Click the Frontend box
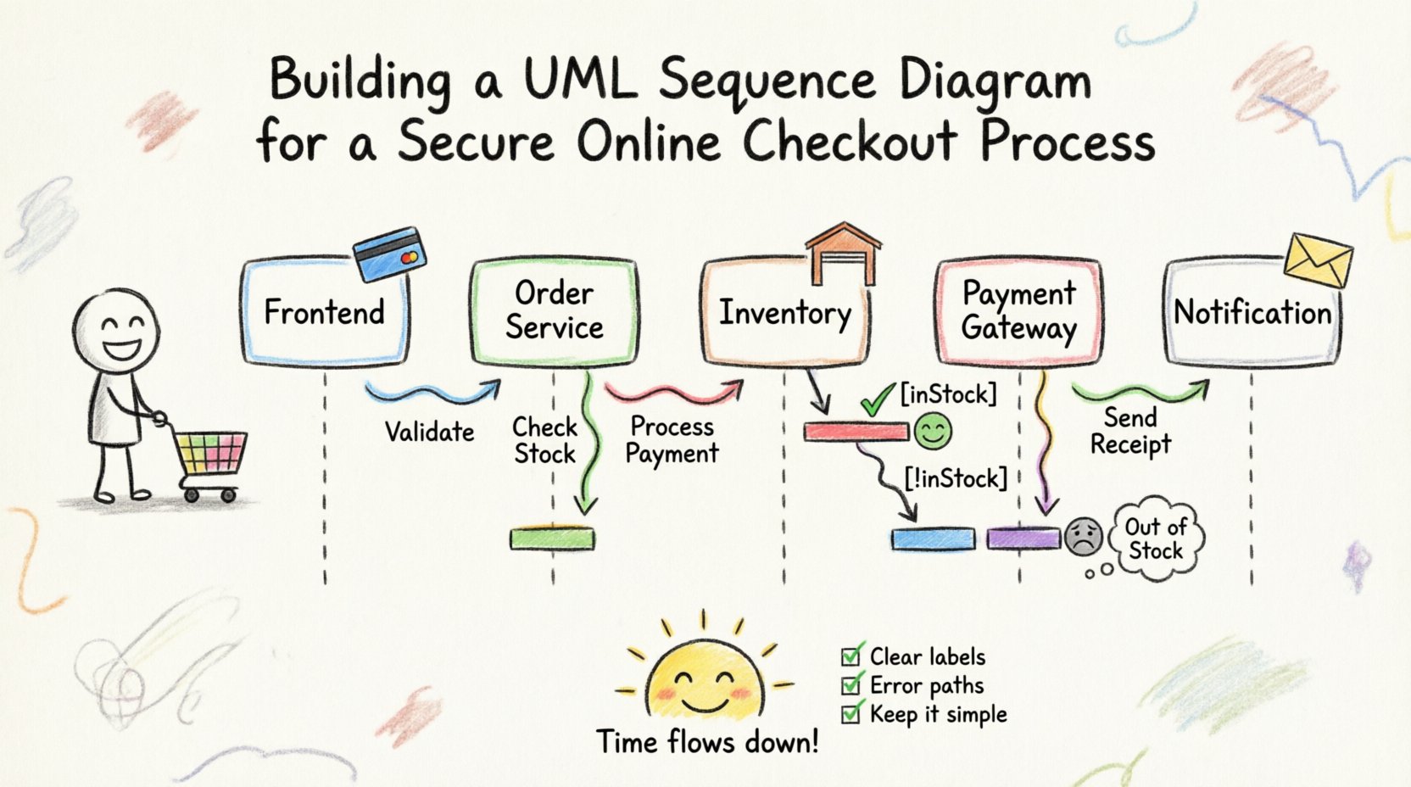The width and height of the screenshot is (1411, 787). pos(325,312)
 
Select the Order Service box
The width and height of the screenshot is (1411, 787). pos(554,311)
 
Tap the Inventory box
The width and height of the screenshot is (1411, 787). pos(784,313)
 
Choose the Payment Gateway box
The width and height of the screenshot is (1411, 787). pos(1018,311)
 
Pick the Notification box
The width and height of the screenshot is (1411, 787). pos(1252,313)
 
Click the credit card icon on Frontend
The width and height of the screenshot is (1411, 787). pos(389,253)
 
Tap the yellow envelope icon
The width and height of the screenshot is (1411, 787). pos(1317,260)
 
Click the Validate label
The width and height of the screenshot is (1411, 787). pos(429,432)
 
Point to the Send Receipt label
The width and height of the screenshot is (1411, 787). pos(1130,431)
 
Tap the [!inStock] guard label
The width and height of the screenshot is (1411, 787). pos(956,479)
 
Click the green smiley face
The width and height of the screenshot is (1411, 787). pos(933,432)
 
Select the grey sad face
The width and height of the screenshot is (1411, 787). pos(1083,536)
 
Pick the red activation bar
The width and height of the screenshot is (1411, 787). pos(856,432)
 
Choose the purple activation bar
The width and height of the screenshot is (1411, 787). pos(1023,539)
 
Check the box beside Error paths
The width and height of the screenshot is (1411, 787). pos(851,685)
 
